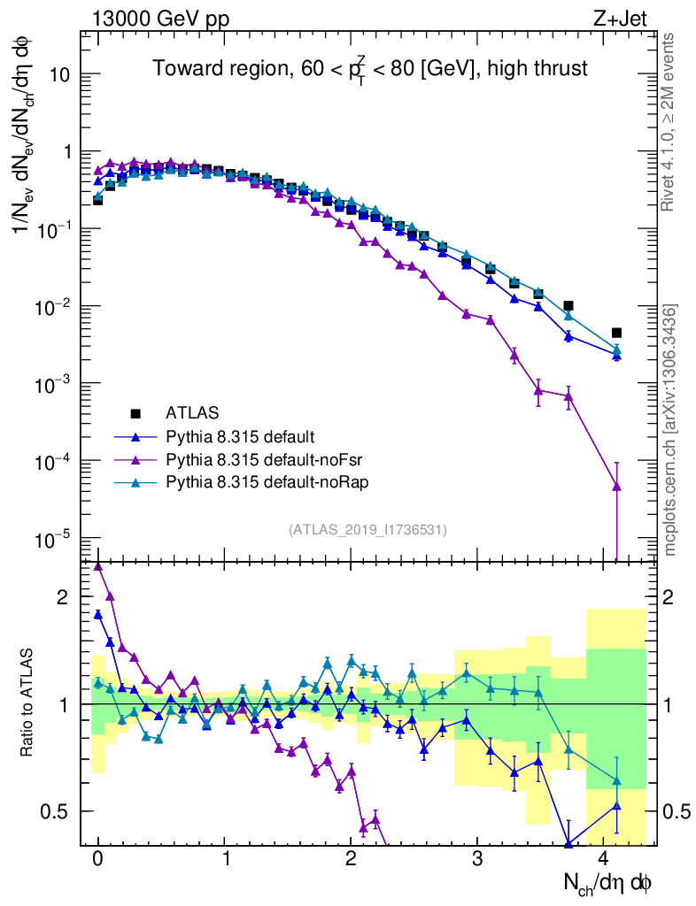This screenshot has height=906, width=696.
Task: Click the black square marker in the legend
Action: (135, 413)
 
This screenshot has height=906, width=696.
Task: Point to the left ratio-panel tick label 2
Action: (63, 597)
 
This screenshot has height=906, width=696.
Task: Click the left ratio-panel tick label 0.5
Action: (57, 811)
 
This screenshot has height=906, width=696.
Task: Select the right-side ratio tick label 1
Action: (677, 704)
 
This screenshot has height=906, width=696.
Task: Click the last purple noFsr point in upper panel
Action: (616, 486)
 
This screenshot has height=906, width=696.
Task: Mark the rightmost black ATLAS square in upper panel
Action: (616, 333)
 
